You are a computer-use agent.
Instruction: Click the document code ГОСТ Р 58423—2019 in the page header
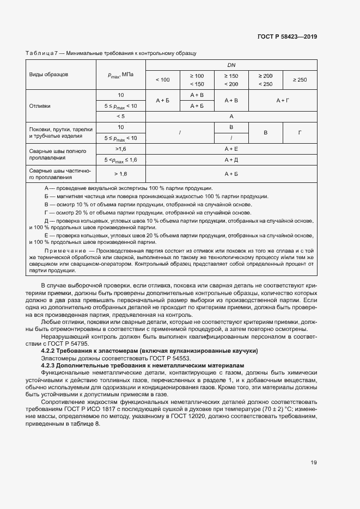pyautogui.click(x=287, y=36)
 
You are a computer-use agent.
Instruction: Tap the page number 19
pyautogui.click(x=314, y=463)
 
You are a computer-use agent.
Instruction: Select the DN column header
pyautogui.click(x=231, y=65)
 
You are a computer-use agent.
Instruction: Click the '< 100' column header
pyautogui.click(x=162, y=79)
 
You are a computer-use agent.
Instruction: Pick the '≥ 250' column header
pyautogui.click(x=300, y=79)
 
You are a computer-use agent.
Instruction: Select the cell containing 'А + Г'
pyautogui.click(x=282, y=101)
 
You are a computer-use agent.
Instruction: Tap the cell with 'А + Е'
pyautogui.click(x=231, y=148)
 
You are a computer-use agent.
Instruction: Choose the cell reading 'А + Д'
pyautogui.click(x=231, y=160)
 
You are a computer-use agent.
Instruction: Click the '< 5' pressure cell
pyautogui.click(x=120, y=116)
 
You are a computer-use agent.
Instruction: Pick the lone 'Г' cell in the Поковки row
pyautogui.click(x=300, y=133)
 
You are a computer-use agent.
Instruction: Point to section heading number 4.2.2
pyautogui.click(x=51, y=352)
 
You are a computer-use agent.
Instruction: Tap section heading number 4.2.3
pyautogui.click(x=51, y=366)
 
